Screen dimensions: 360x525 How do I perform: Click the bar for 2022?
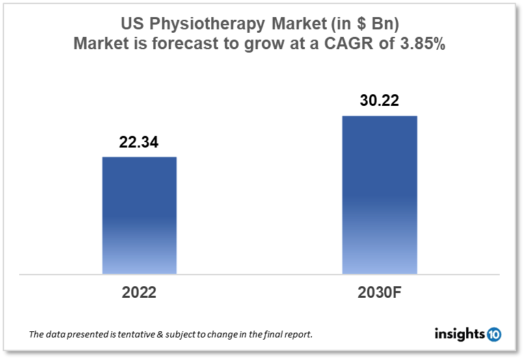[x=139, y=215]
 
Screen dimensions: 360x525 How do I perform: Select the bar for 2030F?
[x=379, y=195]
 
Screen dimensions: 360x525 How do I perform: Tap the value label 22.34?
[x=139, y=142]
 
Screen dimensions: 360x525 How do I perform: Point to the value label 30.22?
[x=379, y=101]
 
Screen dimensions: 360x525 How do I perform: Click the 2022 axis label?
[x=139, y=293]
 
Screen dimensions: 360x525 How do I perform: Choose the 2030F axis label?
[x=379, y=293]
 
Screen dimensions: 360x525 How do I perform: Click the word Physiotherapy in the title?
[x=204, y=25]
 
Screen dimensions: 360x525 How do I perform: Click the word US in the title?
[x=132, y=25]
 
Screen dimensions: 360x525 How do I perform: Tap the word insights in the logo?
[x=459, y=334]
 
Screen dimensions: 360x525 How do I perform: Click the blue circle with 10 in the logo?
[x=494, y=334]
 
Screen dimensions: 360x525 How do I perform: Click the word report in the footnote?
[x=298, y=335]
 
